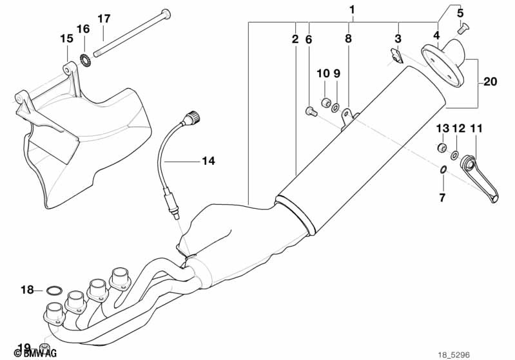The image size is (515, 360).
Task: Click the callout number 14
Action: (208, 161)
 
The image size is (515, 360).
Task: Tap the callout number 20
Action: (490, 81)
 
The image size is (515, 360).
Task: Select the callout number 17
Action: (104, 19)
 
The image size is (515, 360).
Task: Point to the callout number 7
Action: (442, 198)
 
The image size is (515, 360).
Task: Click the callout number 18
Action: (27, 290)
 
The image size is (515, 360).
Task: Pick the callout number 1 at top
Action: (352, 10)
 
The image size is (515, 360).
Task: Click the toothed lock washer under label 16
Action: (85, 59)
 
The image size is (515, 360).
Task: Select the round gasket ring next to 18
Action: (54, 290)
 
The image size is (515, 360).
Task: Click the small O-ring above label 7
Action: (442, 169)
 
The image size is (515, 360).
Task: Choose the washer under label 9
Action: (336, 107)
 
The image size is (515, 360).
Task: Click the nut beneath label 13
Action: (442, 147)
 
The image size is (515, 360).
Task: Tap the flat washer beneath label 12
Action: (455, 155)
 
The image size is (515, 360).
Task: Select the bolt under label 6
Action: (311, 111)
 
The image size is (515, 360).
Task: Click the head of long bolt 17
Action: (166, 14)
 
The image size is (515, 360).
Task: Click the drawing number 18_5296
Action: (454, 355)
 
